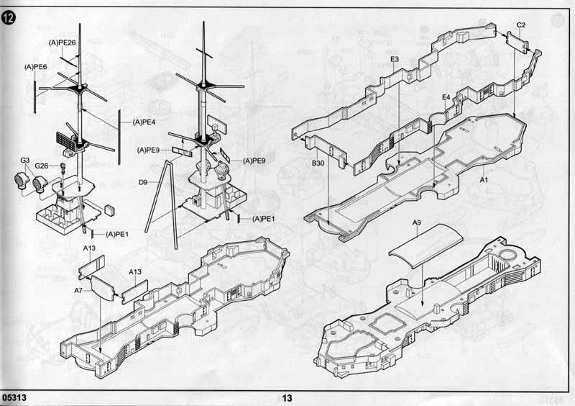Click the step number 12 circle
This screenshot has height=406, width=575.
click(9, 17)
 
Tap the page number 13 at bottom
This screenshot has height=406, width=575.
click(287, 398)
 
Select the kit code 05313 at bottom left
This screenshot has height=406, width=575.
click(14, 398)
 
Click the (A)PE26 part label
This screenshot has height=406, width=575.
click(62, 43)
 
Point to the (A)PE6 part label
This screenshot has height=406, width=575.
click(35, 67)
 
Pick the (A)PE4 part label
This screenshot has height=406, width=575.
click(144, 122)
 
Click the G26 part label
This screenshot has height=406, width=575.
click(42, 166)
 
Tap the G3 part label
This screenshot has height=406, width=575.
click(24, 161)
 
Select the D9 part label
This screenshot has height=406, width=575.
click(142, 182)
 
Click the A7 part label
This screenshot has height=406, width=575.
click(78, 291)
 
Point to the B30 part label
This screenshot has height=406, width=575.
click(318, 163)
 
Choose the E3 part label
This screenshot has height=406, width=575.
click(395, 59)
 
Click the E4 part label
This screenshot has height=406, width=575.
click(446, 97)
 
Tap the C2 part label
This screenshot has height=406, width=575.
click(520, 25)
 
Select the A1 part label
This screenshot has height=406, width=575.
click(484, 180)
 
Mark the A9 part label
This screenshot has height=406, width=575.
click(417, 222)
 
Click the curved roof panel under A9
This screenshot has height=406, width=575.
click(425, 245)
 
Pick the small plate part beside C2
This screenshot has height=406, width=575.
click(517, 42)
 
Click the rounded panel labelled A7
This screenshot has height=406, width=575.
click(102, 288)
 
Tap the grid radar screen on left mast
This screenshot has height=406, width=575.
click(66, 142)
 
